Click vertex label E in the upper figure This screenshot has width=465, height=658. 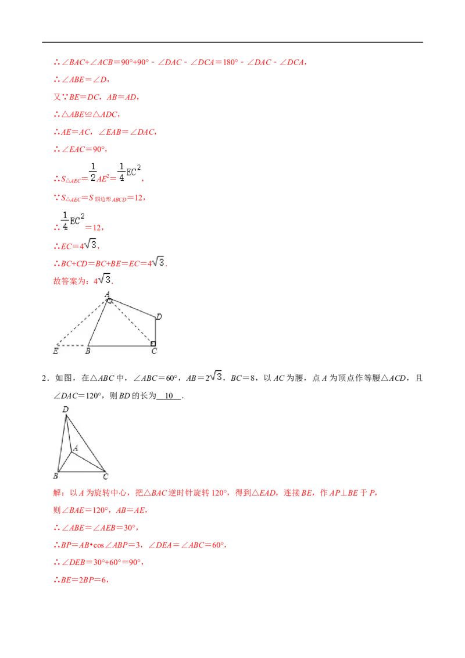(x=55, y=351)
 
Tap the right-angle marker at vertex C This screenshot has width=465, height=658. (x=153, y=344)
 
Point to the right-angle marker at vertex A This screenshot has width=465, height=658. (x=109, y=301)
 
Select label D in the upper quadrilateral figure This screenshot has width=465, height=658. (x=159, y=316)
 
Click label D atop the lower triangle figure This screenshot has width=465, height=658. (x=65, y=409)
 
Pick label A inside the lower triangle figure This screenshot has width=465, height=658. (x=76, y=448)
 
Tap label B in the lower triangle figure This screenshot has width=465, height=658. (x=55, y=476)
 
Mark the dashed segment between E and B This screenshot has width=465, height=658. (x=71, y=346)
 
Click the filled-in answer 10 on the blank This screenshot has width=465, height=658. (x=169, y=396)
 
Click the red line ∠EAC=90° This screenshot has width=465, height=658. (x=80, y=149)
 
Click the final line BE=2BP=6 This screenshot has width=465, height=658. (x=81, y=580)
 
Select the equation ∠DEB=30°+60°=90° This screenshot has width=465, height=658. (x=99, y=562)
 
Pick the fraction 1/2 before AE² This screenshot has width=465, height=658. (x=93, y=172)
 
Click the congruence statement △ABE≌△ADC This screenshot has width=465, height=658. (x=87, y=115)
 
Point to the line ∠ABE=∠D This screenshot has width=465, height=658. (x=82, y=80)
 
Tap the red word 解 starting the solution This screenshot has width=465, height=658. (x=58, y=493)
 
